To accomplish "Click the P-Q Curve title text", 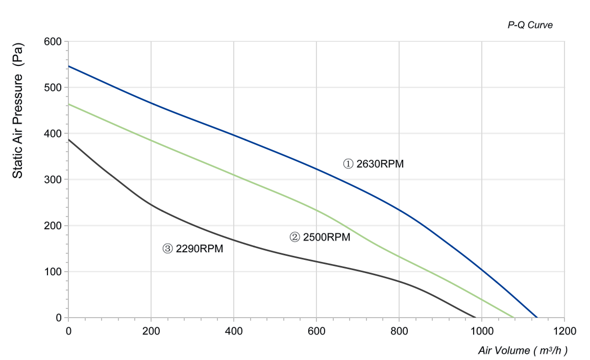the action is coord(530,25).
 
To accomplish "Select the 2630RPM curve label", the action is coord(373,164).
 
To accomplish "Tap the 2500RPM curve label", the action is coord(320,237).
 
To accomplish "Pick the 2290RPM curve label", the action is coord(192,249).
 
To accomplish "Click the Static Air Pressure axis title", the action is coord(18,111).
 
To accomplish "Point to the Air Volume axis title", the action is coord(523,350).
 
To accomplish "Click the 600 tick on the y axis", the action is coord(53,41).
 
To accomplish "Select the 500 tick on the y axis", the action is coord(53,87).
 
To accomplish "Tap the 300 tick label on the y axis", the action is coord(53,180).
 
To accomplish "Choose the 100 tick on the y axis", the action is coord(53,272).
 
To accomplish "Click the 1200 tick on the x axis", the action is coord(564,331).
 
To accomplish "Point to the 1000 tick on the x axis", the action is coord(482,331).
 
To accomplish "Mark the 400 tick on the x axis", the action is coord(234,331).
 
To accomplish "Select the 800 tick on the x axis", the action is coord(399,331).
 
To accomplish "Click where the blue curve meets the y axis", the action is coord(68,66).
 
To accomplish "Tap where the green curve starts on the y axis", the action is coord(68,104).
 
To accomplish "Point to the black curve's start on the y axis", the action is coord(68,140).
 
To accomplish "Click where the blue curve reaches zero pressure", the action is coord(537,318).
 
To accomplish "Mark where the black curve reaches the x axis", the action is coord(476,318).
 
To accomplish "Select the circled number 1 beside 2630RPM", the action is coord(348,164).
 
